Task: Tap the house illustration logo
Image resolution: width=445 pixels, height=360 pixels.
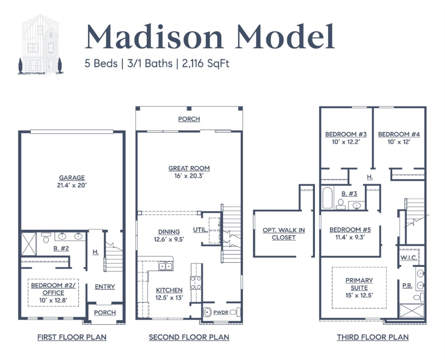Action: [x=40, y=46]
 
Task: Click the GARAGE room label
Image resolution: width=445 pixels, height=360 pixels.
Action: [x=72, y=178]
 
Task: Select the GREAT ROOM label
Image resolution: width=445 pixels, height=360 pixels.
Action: [x=189, y=168]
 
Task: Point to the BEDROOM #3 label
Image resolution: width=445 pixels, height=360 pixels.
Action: [x=346, y=134]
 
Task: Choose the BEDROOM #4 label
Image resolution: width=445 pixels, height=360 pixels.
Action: [x=399, y=134]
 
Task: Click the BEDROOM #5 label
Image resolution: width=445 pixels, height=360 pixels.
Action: [x=350, y=230]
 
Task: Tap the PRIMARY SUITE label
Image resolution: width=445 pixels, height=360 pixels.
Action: [x=359, y=284]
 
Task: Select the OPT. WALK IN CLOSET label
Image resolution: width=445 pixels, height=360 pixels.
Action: [x=284, y=234]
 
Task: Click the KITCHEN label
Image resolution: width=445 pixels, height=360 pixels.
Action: [x=169, y=290]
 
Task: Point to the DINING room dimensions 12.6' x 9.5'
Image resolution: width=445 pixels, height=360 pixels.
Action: [x=169, y=239]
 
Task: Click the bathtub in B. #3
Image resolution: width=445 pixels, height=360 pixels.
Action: [x=328, y=198]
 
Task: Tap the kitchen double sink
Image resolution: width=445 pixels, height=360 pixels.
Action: [x=166, y=266]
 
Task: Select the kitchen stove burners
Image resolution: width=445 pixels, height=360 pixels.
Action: [x=196, y=283]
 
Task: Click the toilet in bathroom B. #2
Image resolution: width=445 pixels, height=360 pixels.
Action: [x=46, y=238]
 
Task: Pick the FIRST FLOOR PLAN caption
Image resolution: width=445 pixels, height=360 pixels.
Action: [x=72, y=337]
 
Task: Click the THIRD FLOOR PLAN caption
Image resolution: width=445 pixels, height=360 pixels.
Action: [x=373, y=337]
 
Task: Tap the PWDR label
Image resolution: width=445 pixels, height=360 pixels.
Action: [x=221, y=312]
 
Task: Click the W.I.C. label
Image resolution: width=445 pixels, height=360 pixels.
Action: [x=409, y=258]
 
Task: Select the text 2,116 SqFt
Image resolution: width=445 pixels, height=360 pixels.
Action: [x=206, y=63]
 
